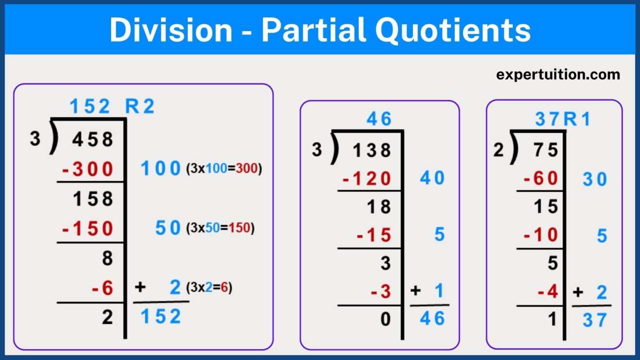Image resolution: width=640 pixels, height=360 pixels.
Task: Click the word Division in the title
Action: click(171, 30)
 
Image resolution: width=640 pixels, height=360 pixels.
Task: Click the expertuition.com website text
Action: click(558, 75)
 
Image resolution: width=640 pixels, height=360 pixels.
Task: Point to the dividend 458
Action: click(93, 140)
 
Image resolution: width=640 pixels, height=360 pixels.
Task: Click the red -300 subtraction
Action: click(88, 170)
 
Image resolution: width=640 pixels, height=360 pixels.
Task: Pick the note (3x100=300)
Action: click(224, 170)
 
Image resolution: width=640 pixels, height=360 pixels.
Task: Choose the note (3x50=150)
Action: click(220, 228)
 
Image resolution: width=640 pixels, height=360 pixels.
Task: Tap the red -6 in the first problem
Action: click(102, 288)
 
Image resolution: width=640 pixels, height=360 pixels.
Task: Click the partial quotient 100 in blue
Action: click(160, 169)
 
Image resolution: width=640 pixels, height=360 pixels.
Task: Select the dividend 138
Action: click(371, 150)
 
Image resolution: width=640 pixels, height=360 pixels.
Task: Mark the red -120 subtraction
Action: click(367, 179)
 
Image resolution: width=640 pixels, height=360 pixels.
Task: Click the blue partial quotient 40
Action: click(432, 179)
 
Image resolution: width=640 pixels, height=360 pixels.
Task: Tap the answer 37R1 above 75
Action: click(563, 119)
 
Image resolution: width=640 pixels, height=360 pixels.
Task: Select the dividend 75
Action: click(546, 150)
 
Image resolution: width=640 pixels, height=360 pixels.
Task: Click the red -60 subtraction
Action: click(541, 179)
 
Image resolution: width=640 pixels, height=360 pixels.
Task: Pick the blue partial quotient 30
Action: click(594, 179)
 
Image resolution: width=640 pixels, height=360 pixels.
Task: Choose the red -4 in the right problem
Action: click(548, 292)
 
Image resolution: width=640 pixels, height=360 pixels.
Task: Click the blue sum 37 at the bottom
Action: click(594, 320)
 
